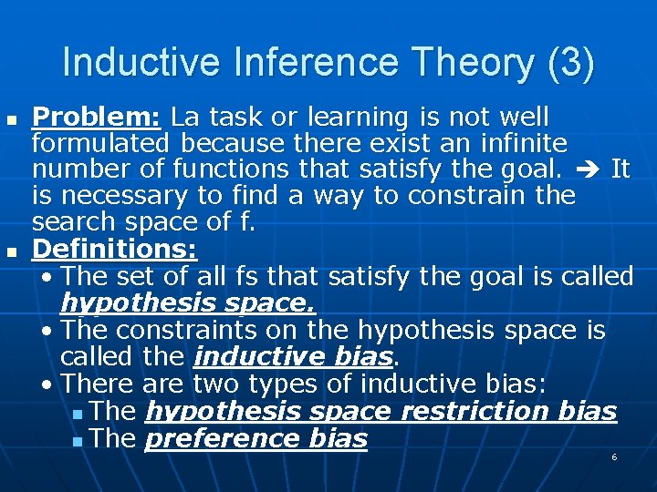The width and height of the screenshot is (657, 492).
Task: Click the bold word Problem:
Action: (x=97, y=118)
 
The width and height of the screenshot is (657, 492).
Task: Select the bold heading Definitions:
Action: (x=115, y=249)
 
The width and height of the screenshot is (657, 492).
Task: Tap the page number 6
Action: (x=614, y=456)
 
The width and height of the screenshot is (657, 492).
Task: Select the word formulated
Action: (x=100, y=143)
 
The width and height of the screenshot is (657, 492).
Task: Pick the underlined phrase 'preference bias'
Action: (x=256, y=438)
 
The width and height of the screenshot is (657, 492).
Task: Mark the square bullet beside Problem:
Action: (x=11, y=119)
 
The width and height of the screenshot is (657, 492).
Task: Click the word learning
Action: (x=360, y=118)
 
